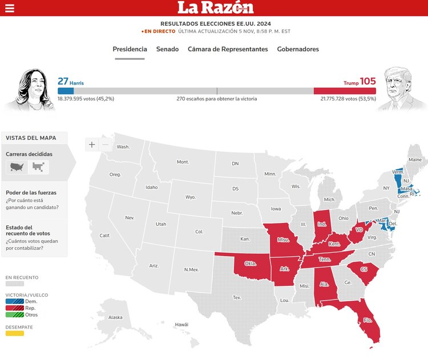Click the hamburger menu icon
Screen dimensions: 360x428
pyautogui.click(x=9, y=8)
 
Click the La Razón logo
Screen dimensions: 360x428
pyautogui.click(x=215, y=7)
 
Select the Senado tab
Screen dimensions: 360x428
pyautogui.click(x=167, y=49)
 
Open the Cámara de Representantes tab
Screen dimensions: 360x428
pyautogui.click(x=228, y=49)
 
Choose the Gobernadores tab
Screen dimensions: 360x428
pyautogui.click(x=298, y=49)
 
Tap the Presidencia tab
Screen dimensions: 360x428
pyautogui.click(x=130, y=49)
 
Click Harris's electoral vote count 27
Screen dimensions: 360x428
pyautogui.click(x=63, y=82)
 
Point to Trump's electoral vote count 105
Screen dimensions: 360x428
pyautogui.click(x=368, y=82)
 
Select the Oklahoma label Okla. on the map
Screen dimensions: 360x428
pyautogui.click(x=250, y=264)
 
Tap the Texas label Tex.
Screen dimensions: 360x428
pyautogui.click(x=237, y=297)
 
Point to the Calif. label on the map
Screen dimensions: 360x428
pyautogui.click(x=105, y=236)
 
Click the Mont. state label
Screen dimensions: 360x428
pyautogui.click(x=183, y=162)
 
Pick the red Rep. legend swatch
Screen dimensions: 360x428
pyautogui.click(x=15, y=308)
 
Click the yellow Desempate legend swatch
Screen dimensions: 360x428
pyautogui.click(x=15, y=333)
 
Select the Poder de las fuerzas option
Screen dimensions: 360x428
pyautogui.click(x=31, y=193)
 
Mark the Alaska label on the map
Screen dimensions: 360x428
pyautogui.click(x=115, y=317)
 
